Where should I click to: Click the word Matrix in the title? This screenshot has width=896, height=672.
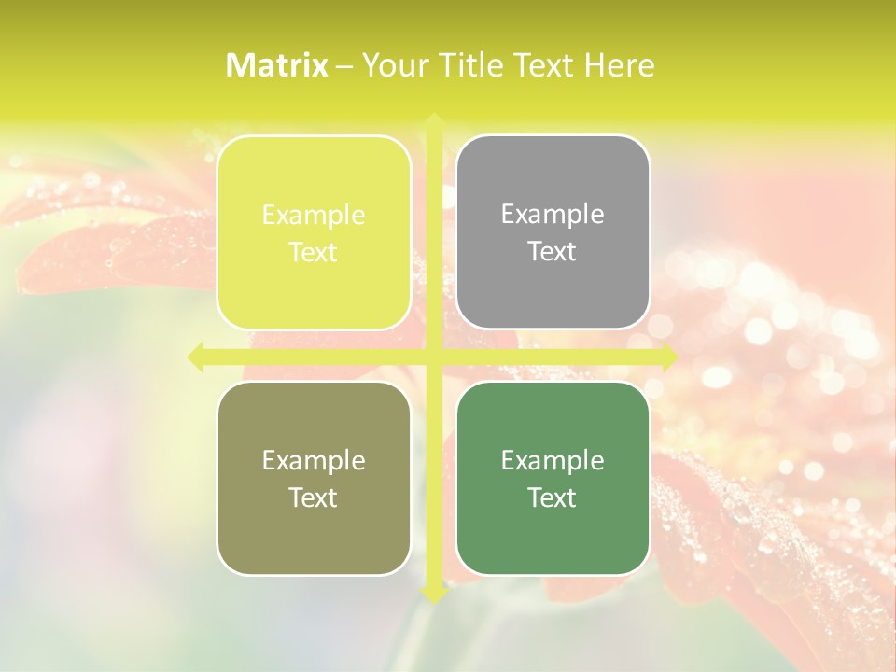[277, 65]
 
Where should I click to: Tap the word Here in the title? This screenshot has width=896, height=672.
[619, 65]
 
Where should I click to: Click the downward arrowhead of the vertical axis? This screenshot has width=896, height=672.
[433, 595]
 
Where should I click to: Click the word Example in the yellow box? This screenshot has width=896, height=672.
[314, 216]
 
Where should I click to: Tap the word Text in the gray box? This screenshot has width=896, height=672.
[553, 252]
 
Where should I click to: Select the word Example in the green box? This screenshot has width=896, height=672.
[553, 461]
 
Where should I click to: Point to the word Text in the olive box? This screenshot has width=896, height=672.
[314, 498]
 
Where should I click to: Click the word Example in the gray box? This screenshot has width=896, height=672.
[553, 215]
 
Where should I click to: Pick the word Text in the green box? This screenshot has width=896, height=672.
[553, 498]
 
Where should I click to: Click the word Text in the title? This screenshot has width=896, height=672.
[541, 65]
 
